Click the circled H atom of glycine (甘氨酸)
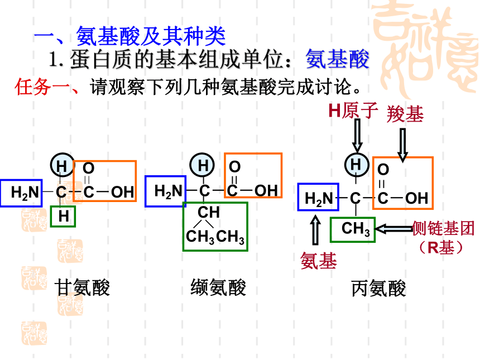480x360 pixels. [x=63, y=165]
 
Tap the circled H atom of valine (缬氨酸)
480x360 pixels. [x=202, y=165]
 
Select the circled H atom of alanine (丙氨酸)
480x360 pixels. [x=357, y=165]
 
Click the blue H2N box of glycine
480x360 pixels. [x=21, y=193]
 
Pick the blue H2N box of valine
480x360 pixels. [x=166, y=191]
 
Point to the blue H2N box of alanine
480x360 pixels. [x=318, y=197]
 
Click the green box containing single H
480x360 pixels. [x=63, y=217]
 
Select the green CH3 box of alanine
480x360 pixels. [x=353, y=229]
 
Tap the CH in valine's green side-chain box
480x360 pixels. [x=209, y=212]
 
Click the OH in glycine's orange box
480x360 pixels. [x=122, y=192]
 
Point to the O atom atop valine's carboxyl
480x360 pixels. [x=234, y=166]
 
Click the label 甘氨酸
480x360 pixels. [x=82, y=287]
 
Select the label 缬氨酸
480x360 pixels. [x=218, y=287]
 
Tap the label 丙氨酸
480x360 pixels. [x=378, y=289]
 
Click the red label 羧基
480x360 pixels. [x=405, y=114]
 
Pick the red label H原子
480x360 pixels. [x=353, y=111]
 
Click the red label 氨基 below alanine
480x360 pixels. [x=319, y=261]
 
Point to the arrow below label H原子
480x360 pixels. [x=357, y=135]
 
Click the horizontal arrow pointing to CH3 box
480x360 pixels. [x=394, y=229]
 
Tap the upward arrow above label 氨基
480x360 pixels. [x=315, y=230]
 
